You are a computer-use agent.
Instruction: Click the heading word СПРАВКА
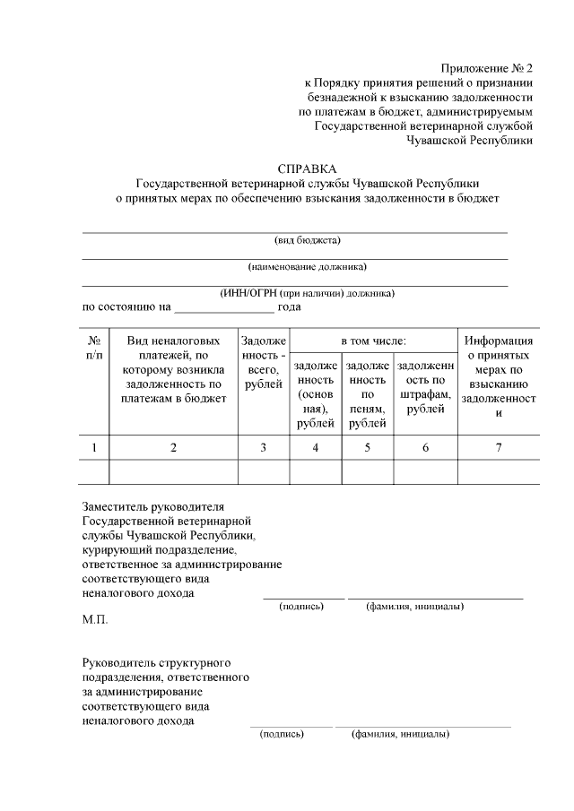tap(308, 168)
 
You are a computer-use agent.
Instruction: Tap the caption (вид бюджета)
tap(308, 240)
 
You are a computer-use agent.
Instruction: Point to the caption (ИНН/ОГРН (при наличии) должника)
tap(308, 293)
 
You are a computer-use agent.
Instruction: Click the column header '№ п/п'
tap(94, 349)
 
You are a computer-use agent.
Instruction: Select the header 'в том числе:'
tap(373, 341)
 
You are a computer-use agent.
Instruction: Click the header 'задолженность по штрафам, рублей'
tap(425, 387)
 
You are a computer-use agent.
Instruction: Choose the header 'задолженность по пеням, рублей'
tap(367, 394)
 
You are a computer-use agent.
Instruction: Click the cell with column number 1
tap(94, 447)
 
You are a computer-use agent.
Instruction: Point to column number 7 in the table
tap(499, 447)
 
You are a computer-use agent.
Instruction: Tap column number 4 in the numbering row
tap(315, 447)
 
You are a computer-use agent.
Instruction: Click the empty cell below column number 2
tap(173, 471)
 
